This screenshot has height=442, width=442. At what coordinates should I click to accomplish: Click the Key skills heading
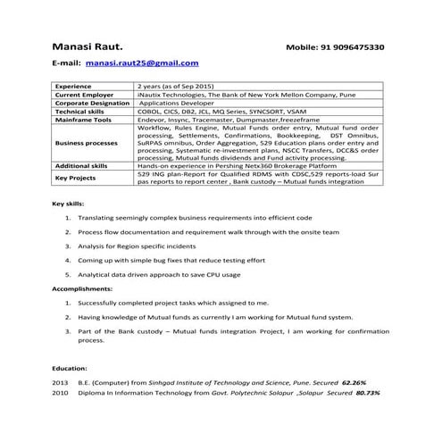pos(70,205)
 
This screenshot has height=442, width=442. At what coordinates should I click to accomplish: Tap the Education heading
pos(69,367)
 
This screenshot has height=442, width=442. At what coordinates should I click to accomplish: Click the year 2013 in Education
pos(60,381)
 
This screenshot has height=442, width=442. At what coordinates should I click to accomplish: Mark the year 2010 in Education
pos(60,392)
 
